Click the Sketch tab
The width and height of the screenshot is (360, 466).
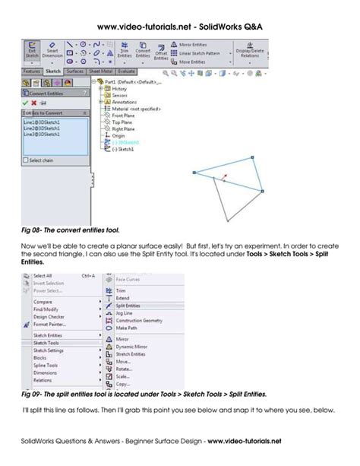53,71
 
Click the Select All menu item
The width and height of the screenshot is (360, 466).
43,276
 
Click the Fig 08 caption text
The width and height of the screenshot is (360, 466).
70,227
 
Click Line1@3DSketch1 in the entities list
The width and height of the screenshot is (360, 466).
43,122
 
